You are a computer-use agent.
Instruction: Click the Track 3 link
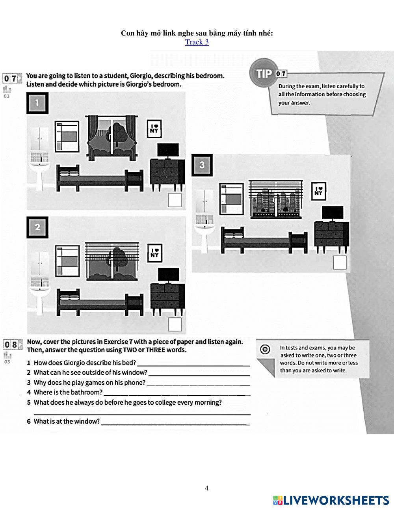(x=197, y=42)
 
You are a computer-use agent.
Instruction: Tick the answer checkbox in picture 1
(x=175, y=200)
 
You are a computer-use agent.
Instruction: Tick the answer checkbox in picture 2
(x=175, y=324)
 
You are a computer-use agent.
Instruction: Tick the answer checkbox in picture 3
(x=340, y=262)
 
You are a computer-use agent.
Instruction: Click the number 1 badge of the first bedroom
(x=37, y=103)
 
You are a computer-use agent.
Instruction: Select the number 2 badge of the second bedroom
(x=37, y=227)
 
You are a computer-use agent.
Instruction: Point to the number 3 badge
(x=202, y=165)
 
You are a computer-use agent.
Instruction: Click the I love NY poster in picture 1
(x=154, y=129)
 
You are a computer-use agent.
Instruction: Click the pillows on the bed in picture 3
(x=233, y=235)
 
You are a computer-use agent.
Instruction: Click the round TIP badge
(x=264, y=74)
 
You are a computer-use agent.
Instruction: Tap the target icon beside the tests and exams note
(x=266, y=349)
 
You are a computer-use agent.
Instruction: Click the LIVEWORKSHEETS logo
(x=331, y=500)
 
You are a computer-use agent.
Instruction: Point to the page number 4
(x=206, y=488)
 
